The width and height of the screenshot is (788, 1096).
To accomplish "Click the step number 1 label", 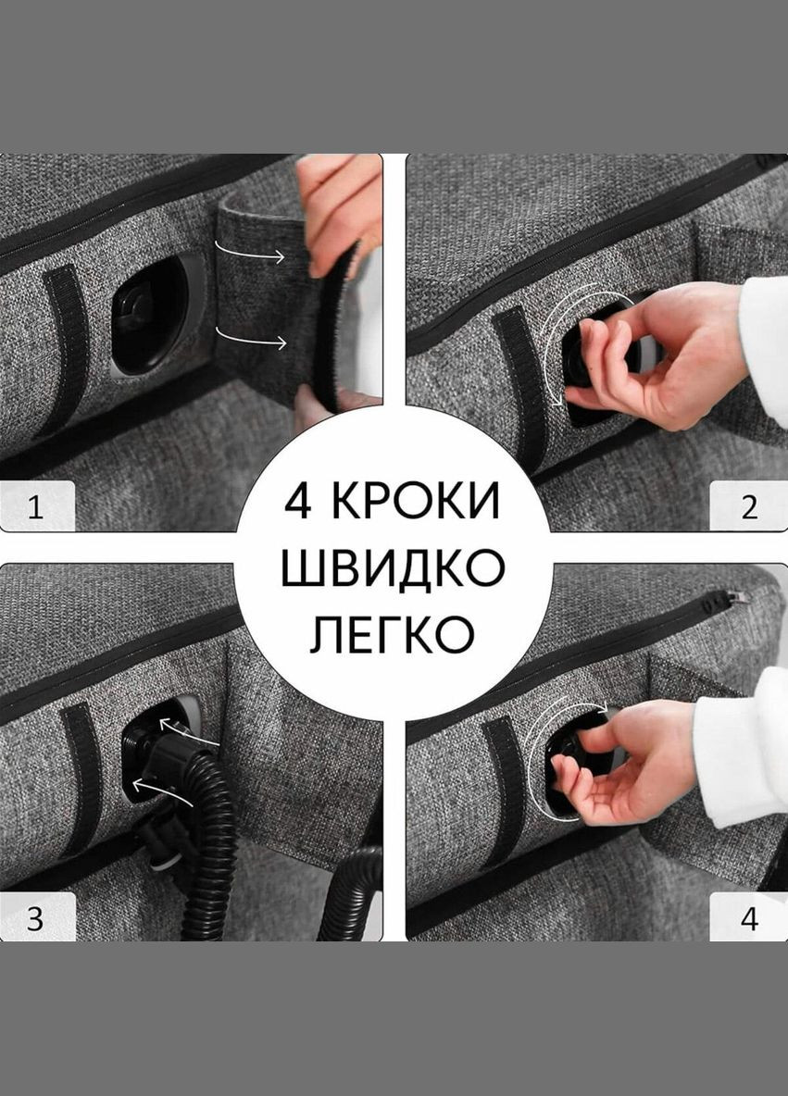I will (x=35, y=508).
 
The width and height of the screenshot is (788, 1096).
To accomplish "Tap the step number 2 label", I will (x=749, y=507).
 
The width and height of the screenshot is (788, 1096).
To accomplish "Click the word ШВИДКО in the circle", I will (x=393, y=568).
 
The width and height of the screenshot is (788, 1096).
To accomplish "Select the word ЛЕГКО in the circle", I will (x=393, y=635).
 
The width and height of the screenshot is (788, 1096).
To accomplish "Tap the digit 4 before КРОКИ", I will (x=298, y=502).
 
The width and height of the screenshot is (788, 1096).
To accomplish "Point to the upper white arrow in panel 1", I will (x=250, y=252).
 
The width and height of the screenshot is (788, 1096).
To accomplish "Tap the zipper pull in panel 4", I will (x=723, y=603).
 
